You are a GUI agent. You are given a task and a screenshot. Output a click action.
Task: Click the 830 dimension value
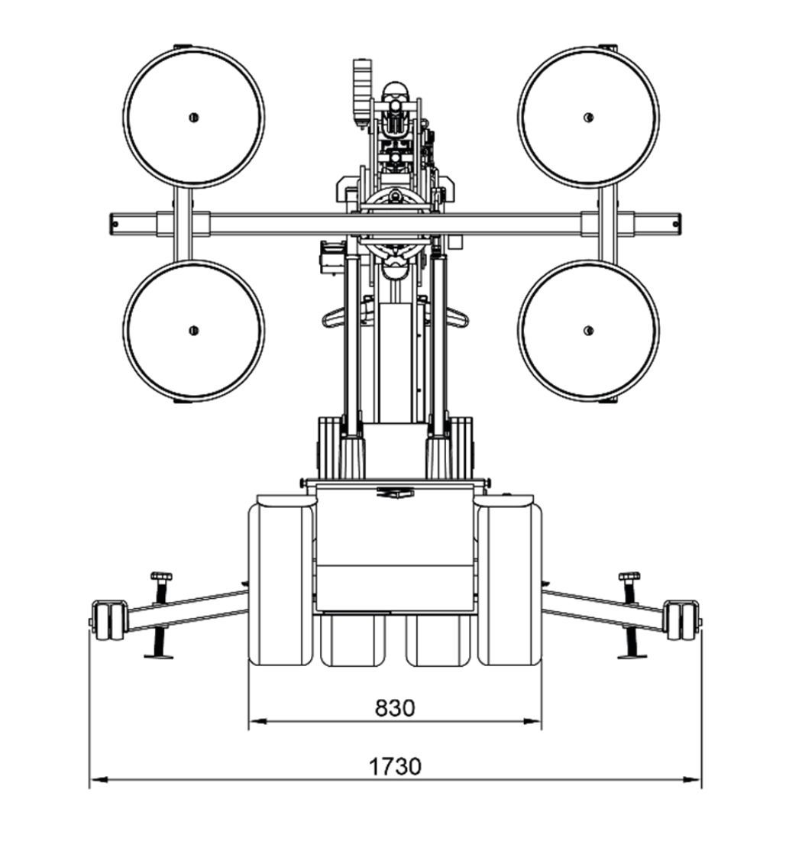[395, 707]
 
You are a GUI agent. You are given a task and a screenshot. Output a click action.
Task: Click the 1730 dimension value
[396, 766]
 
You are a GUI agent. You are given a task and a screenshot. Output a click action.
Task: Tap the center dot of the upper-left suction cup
[193, 117]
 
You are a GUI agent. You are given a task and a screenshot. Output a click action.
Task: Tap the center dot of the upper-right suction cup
[588, 117]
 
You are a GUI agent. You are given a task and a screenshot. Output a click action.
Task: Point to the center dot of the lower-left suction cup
[193, 330]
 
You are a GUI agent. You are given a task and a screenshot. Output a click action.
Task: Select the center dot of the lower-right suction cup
[588, 330]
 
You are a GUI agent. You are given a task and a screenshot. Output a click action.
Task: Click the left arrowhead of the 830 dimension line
[257, 721]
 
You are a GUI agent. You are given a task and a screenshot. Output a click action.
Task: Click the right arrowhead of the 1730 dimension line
[693, 780]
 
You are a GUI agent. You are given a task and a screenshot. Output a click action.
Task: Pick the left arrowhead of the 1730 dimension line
[98, 780]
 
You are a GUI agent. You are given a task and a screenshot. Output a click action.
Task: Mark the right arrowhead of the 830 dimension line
[533, 721]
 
